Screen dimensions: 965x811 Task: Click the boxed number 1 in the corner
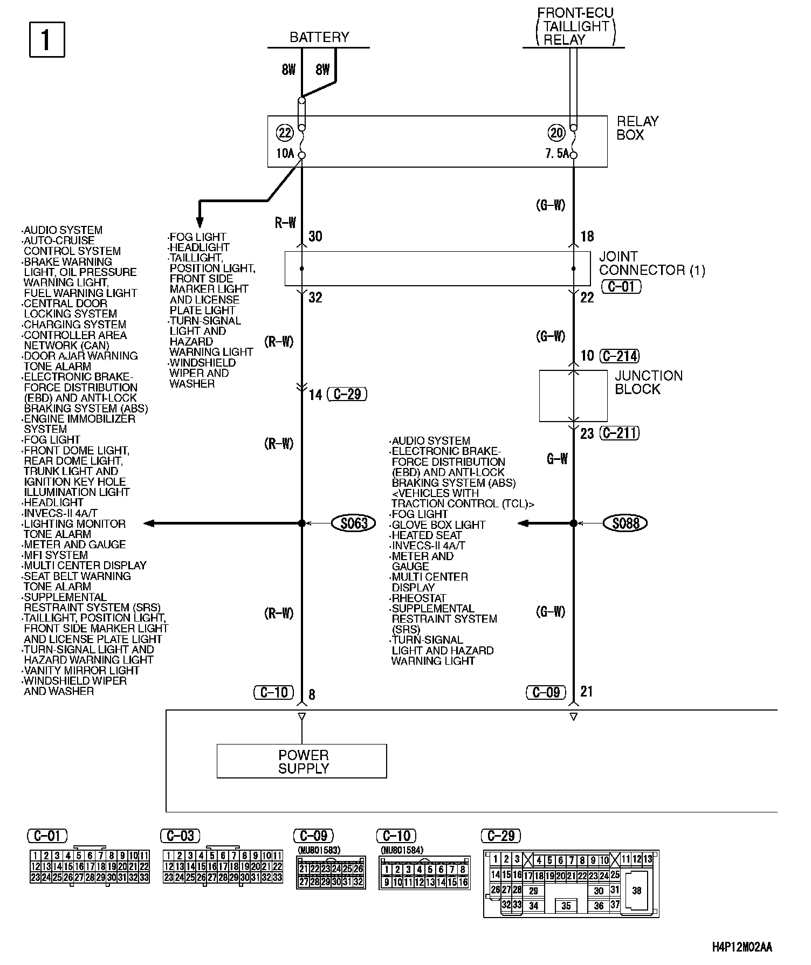click(x=46, y=39)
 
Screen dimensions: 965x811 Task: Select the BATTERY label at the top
click(x=319, y=37)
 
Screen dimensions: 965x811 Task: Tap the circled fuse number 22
click(x=284, y=133)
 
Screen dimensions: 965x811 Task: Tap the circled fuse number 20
click(x=556, y=133)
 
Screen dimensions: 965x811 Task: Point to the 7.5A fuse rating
click(x=556, y=154)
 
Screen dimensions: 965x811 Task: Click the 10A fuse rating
click(x=285, y=154)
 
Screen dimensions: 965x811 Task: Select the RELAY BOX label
click(x=637, y=128)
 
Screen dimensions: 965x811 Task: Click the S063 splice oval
click(x=354, y=523)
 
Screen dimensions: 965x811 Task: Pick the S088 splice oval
click(x=626, y=523)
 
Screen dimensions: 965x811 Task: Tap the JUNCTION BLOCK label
click(x=648, y=382)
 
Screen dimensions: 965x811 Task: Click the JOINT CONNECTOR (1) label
click(x=651, y=263)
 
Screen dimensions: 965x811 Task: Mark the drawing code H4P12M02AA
click(x=742, y=947)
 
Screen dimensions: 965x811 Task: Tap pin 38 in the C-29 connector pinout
click(x=637, y=891)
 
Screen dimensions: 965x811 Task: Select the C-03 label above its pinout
click(x=181, y=836)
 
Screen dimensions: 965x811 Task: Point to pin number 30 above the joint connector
click(x=315, y=236)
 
